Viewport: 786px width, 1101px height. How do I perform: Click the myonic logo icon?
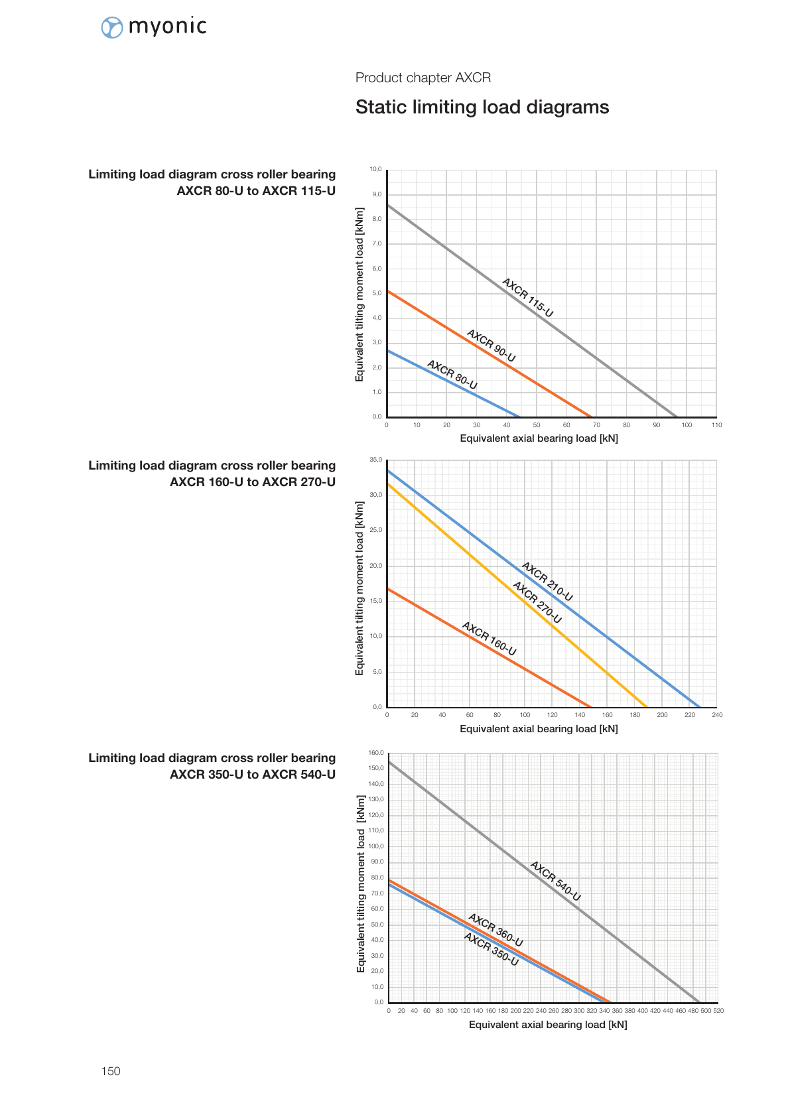point(112,28)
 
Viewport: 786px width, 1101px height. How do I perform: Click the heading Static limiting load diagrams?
point(482,107)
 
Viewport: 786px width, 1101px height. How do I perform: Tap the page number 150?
point(111,1070)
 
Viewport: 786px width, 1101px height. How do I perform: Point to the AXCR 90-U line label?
point(491,346)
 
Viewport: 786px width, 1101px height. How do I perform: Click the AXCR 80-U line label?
point(452,375)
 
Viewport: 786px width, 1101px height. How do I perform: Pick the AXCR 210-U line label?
point(547,582)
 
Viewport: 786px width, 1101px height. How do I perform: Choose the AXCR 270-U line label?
point(537,602)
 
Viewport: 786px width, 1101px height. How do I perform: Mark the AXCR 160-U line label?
point(489,639)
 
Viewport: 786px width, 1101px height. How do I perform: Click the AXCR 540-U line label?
point(555,881)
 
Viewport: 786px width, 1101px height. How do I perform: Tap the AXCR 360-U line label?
point(495,931)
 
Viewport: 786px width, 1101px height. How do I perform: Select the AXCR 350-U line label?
point(491,949)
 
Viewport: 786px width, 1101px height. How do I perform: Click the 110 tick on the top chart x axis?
point(716,424)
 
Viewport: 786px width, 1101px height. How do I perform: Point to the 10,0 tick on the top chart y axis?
point(375,170)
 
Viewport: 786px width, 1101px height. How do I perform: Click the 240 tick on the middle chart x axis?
point(717,714)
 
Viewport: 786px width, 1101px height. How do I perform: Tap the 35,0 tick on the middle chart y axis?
point(375,460)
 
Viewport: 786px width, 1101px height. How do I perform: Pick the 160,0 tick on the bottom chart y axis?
point(376,753)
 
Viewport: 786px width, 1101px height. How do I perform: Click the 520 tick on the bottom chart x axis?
point(718,1010)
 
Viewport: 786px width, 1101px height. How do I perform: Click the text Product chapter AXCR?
point(423,78)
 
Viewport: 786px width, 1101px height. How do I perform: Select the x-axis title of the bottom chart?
point(548,1025)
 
